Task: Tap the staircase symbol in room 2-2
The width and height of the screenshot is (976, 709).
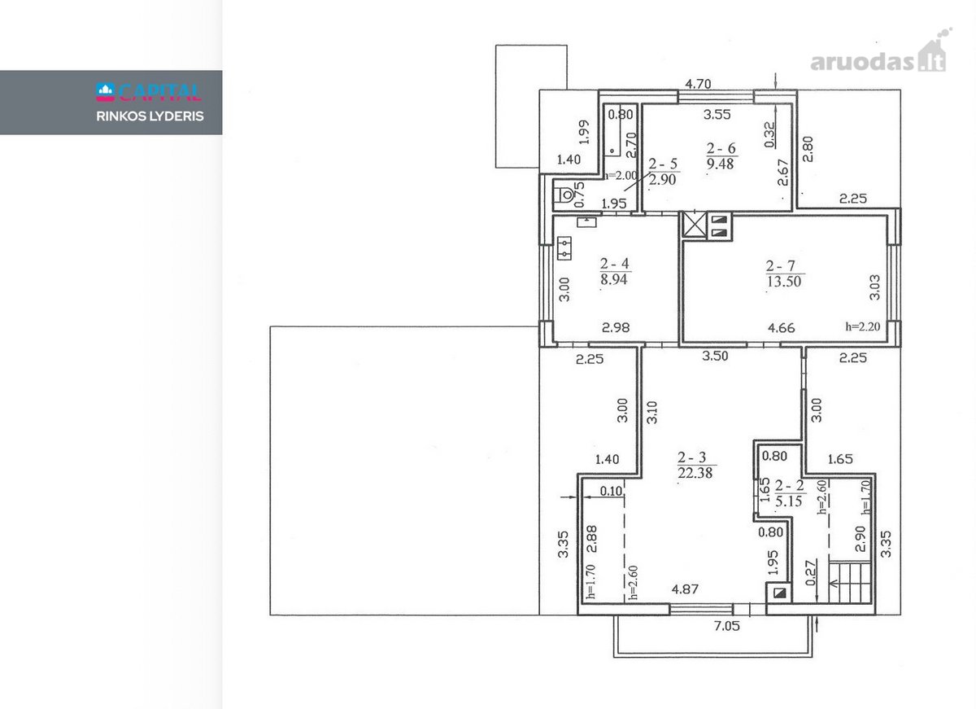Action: pos(850,582)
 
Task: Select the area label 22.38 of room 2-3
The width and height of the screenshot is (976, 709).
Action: pos(695,473)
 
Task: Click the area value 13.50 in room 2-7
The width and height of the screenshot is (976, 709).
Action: pos(784,282)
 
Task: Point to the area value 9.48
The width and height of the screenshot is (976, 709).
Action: pos(721,164)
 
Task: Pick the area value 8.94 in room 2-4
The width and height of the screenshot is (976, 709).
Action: pos(614,279)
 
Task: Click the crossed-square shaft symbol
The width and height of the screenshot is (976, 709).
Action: pos(694,225)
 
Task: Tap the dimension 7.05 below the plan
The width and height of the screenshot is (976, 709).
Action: pos(727,626)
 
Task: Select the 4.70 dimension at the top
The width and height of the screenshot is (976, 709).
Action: pos(698,84)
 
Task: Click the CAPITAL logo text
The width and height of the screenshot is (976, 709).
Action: pos(149,92)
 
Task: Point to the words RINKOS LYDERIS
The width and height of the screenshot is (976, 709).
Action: pos(150,116)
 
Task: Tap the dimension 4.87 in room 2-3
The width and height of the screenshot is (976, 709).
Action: pos(685,589)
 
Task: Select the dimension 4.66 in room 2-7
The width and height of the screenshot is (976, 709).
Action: pos(782,327)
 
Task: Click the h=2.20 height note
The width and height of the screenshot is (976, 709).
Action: pos(862,326)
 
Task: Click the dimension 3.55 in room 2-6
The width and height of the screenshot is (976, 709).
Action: pos(717,114)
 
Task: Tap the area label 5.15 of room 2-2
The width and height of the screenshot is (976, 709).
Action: pos(789,501)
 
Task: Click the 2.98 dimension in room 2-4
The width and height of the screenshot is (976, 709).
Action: pos(616,327)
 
